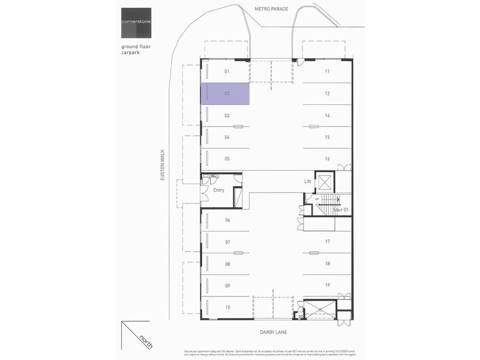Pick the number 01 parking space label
[227, 71]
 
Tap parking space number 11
[327, 71]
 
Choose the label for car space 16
[327, 159]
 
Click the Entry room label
[218, 191]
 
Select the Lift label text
[308, 181]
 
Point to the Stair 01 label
[341, 209]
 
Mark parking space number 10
[227, 307]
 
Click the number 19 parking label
[327, 285]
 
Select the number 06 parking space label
[227, 220]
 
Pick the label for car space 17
[327, 242]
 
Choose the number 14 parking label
[327, 115]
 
